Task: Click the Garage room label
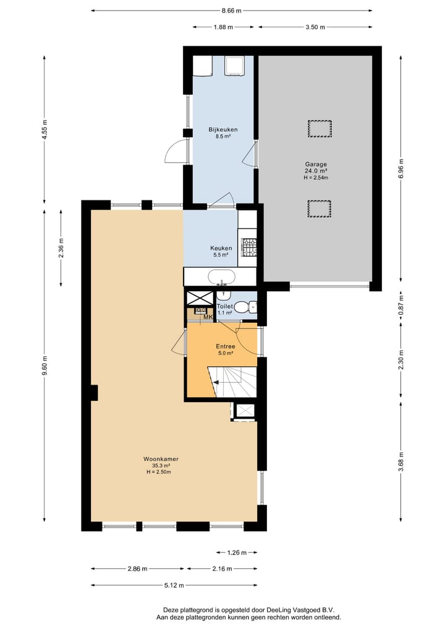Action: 316,164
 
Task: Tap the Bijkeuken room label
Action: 223,129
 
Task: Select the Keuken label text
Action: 221,248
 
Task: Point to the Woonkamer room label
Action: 161,459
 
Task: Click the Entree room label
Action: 226,346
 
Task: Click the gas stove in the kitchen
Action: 248,247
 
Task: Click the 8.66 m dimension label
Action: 231,11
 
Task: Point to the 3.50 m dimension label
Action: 315,27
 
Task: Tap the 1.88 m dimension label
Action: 223,27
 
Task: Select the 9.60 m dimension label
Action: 45,366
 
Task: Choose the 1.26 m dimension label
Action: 237,552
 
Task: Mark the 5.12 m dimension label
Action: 174,585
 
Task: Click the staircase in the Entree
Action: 232,382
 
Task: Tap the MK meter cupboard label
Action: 208,317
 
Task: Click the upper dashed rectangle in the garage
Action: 320,129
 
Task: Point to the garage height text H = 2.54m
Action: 316,178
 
